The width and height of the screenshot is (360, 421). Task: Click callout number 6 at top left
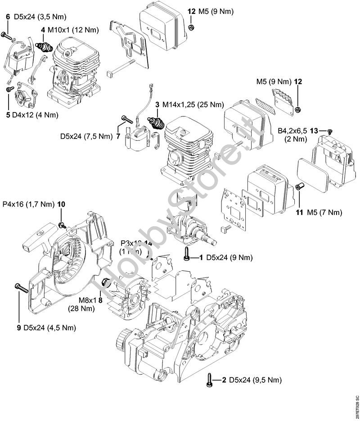click(x=8, y=17)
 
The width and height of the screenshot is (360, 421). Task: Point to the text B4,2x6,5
click(x=292, y=130)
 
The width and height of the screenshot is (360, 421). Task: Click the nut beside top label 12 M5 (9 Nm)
click(x=190, y=27)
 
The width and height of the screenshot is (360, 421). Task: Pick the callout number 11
click(x=299, y=212)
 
